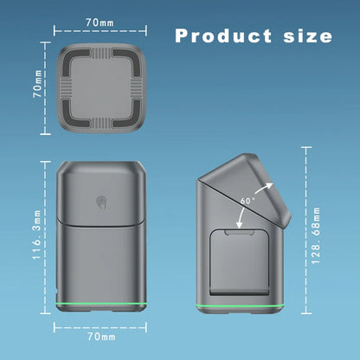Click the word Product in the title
[x=223, y=35]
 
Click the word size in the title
[x=308, y=35]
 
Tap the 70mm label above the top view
[x=100, y=22]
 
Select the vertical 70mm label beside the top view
[x=37, y=83]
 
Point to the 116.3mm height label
[x=37, y=235]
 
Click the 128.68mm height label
[x=316, y=235]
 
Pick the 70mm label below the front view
[x=101, y=337]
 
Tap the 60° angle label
[x=247, y=200]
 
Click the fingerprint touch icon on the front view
[x=101, y=202]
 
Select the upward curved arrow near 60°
[x=263, y=188]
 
